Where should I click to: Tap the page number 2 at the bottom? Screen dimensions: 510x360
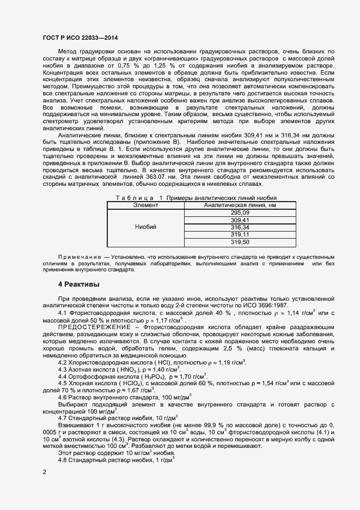(44, 472)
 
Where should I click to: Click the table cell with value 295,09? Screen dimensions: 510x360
(240, 213)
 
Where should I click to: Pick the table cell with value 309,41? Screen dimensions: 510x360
(240, 220)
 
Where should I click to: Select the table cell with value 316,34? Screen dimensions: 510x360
(240, 227)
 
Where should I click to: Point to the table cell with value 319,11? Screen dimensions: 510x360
(240, 234)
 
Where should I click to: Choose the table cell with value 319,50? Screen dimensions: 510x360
(240, 241)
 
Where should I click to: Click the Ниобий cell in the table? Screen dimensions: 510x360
(145, 227)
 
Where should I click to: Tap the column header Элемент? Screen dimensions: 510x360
(145, 205)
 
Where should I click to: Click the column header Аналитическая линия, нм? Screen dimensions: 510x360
(240, 205)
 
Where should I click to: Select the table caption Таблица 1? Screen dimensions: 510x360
(132, 198)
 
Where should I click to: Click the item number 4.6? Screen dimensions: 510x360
(63, 398)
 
